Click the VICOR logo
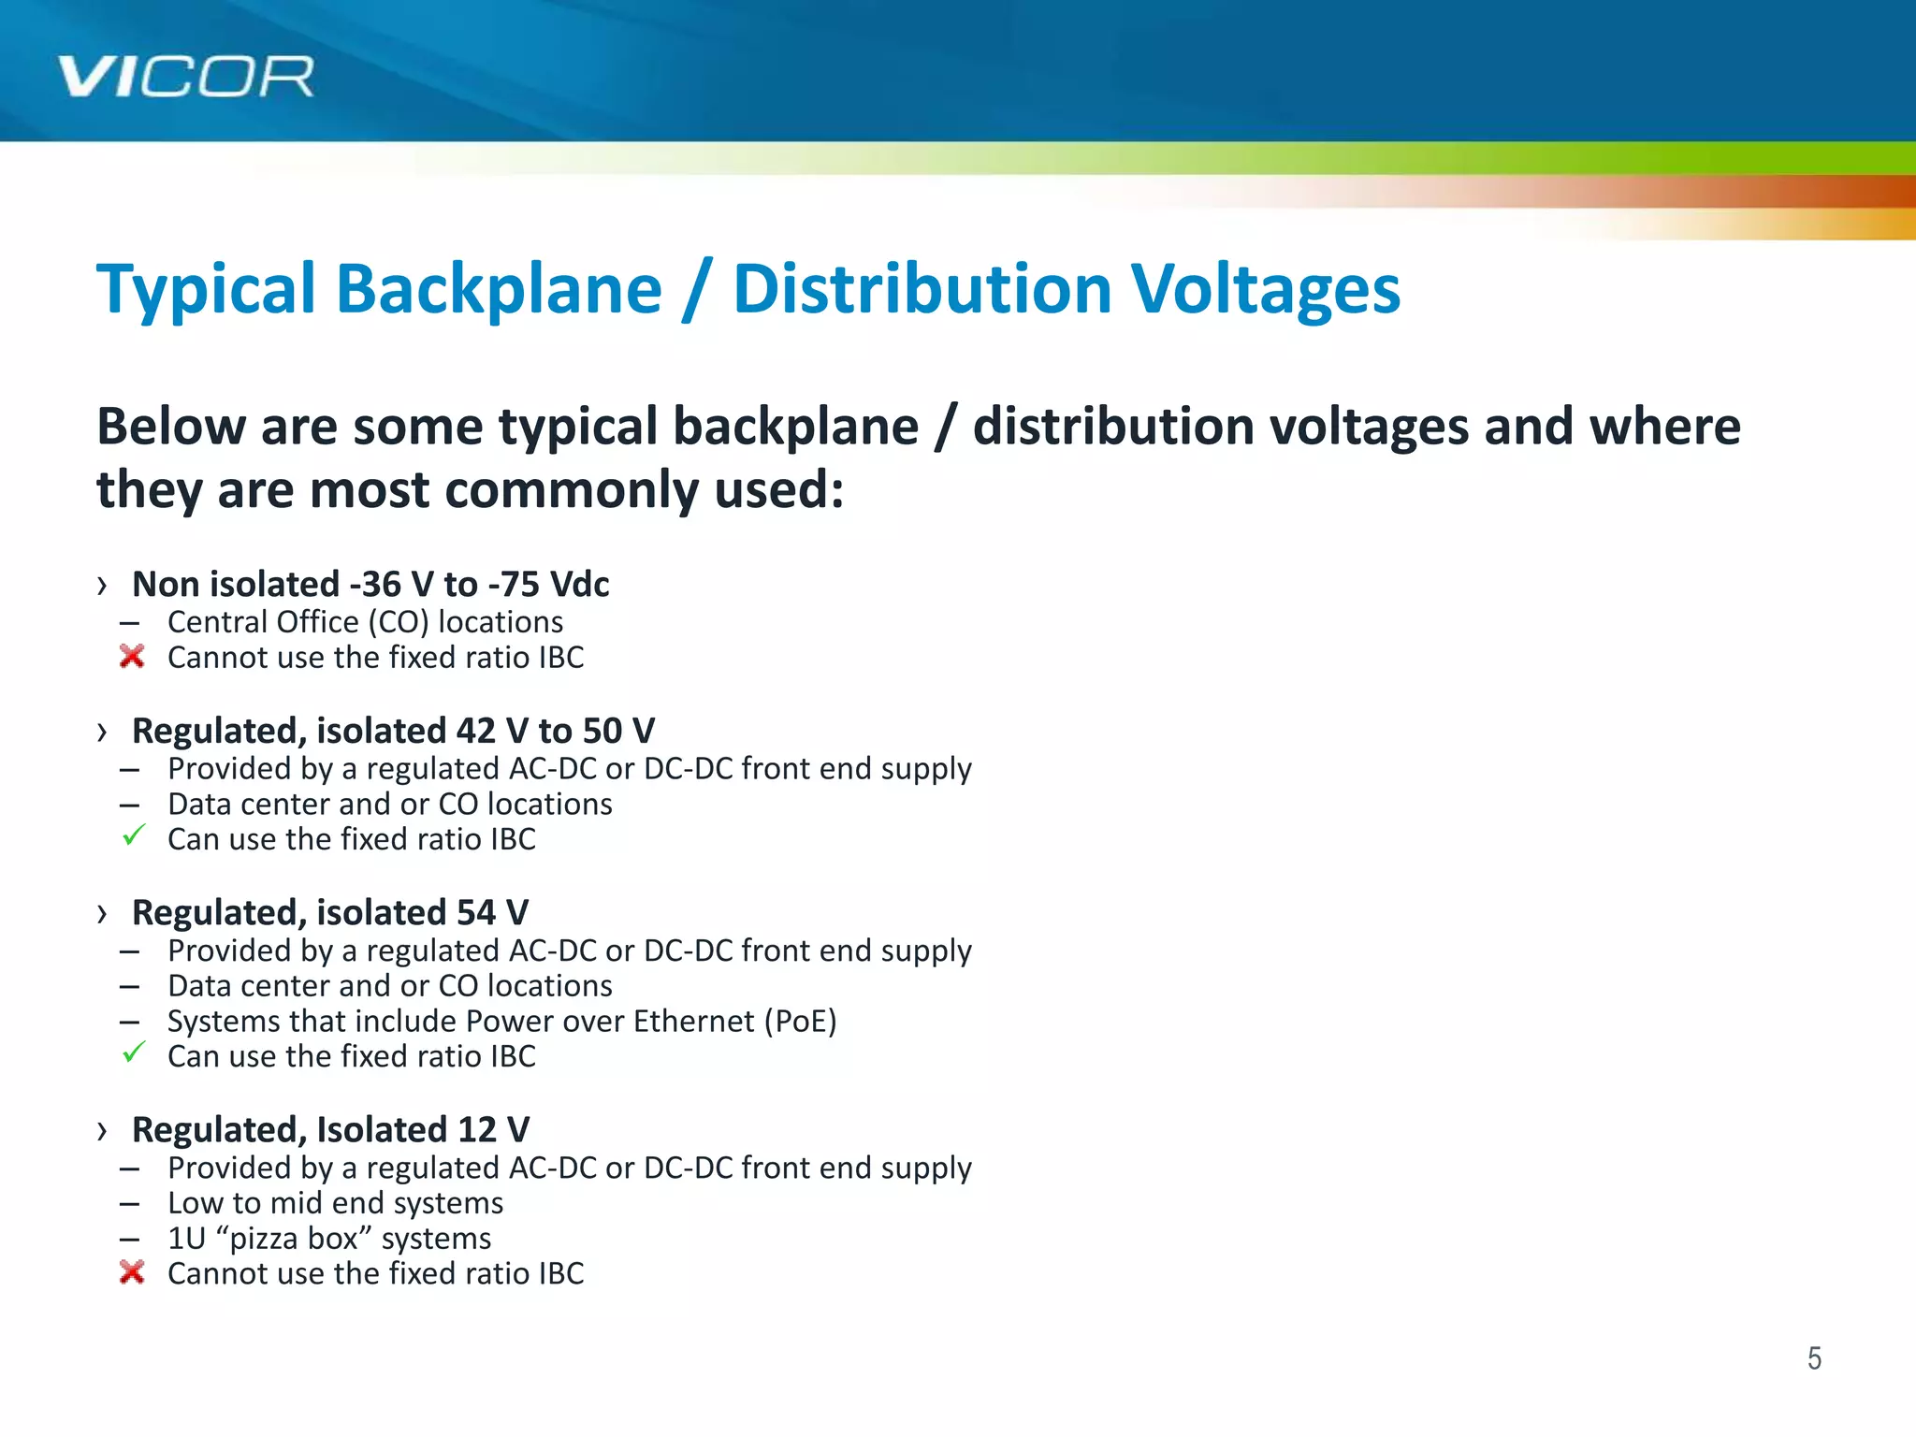(x=185, y=77)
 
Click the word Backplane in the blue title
(x=499, y=289)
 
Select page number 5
(x=1814, y=1357)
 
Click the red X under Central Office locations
(x=132, y=657)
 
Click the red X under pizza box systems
(x=132, y=1272)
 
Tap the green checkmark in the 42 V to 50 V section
(x=134, y=835)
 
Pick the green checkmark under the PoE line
(x=134, y=1052)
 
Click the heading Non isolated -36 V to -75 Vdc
(x=370, y=585)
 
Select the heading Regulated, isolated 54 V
(x=330, y=913)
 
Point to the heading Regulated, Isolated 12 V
(x=330, y=1130)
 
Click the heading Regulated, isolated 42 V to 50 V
(x=393, y=731)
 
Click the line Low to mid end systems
(x=335, y=1203)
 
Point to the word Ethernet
(x=693, y=1021)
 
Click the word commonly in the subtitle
(x=612, y=490)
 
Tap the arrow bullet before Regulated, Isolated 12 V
(x=102, y=1131)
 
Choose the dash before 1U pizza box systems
(x=130, y=1240)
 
